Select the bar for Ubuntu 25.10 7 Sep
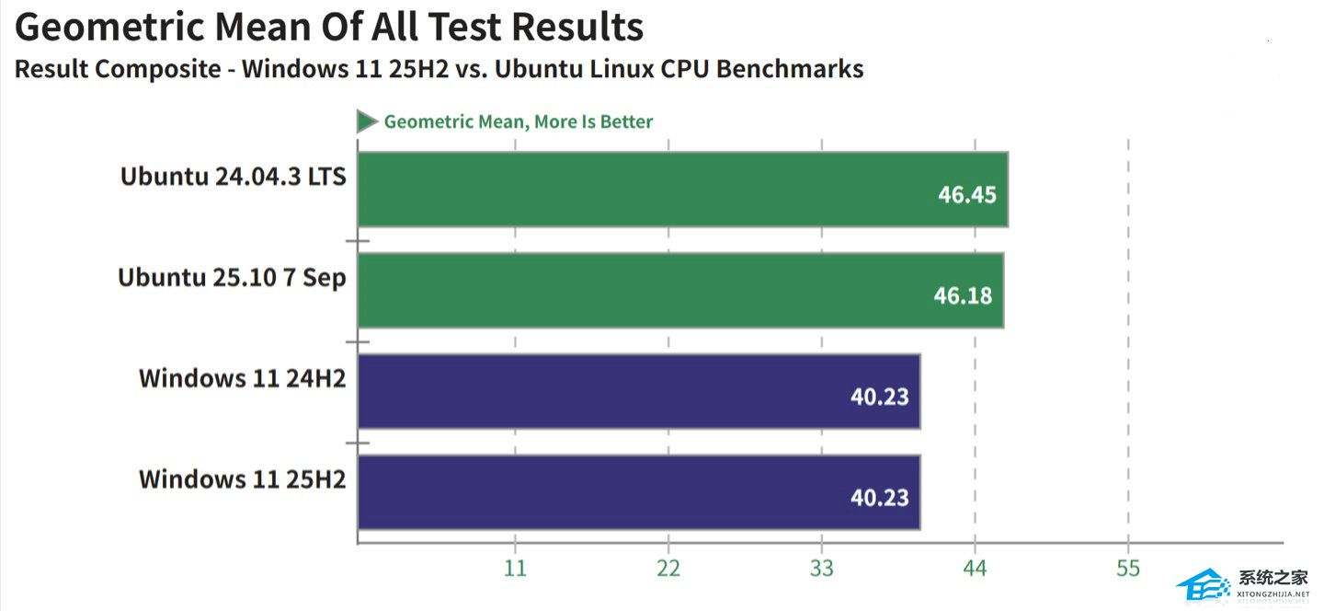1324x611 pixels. coord(680,290)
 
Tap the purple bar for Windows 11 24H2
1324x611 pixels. coord(638,391)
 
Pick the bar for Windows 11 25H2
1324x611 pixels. coord(638,492)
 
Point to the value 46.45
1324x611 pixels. coord(966,194)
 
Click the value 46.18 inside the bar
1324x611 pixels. coord(963,295)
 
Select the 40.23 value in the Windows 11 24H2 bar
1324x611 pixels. coord(879,397)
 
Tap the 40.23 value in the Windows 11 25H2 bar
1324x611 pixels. coord(879,498)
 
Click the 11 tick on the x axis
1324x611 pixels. coord(515,569)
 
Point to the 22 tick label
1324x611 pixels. coord(668,569)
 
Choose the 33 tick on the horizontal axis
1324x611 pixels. coord(822,569)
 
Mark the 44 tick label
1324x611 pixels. coord(975,569)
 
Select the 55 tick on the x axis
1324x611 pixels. coord(1128,569)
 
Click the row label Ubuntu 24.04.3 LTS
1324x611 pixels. coord(233,176)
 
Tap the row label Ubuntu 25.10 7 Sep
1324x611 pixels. coord(232,277)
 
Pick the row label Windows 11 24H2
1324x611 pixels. coord(242,378)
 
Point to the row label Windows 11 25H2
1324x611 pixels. coord(242,479)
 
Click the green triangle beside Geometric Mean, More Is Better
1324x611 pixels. coord(367,121)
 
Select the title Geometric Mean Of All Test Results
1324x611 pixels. coord(329,28)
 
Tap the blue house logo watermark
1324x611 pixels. coord(1203,585)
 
